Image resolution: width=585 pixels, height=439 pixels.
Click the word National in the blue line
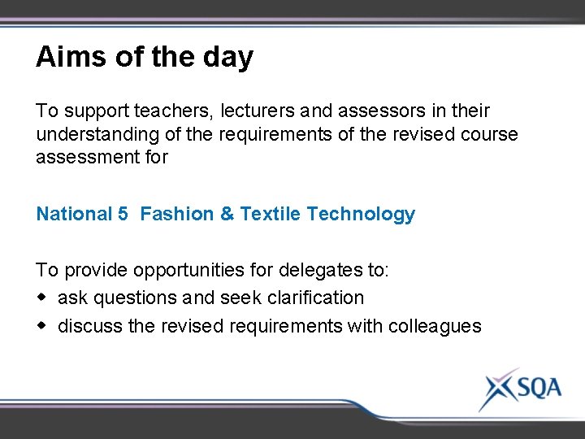[74, 215]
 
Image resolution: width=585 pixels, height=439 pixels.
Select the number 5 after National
[123, 215]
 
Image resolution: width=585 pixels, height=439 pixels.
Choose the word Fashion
[176, 215]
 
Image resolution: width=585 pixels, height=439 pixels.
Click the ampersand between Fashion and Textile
[227, 215]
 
